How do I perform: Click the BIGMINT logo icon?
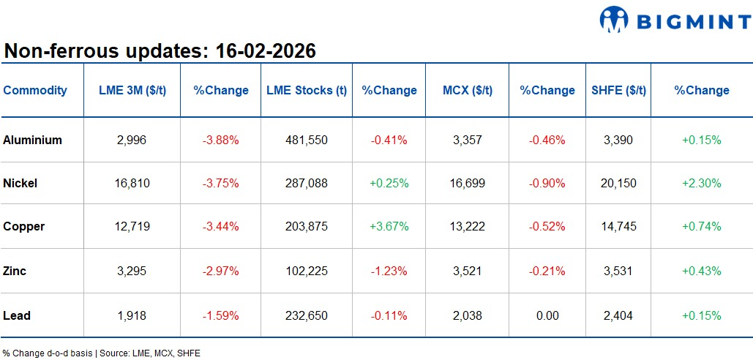pyautogui.click(x=615, y=20)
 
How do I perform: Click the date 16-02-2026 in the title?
pyautogui.click(x=265, y=51)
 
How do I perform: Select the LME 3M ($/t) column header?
pyautogui.click(x=132, y=91)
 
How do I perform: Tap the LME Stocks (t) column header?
pyautogui.click(x=307, y=91)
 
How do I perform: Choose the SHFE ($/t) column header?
pyautogui.click(x=618, y=91)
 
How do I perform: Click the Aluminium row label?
pyautogui.click(x=33, y=140)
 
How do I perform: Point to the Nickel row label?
pyautogui.click(x=20, y=183)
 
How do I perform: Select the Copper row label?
pyautogui.click(x=24, y=226)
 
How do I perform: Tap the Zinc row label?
pyautogui.click(x=15, y=271)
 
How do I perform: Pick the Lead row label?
pyautogui.click(x=17, y=315)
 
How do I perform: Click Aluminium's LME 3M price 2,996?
pyautogui.click(x=132, y=140)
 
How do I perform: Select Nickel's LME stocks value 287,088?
pyautogui.click(x=307, y=183)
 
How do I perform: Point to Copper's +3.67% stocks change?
pyautogui.click(x=389, y=226)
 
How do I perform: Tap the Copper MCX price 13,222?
pyautogui.click(x=468, y=226)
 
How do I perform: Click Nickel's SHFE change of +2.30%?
pyautogui.click(x=702, y=183)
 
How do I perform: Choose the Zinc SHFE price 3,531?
pyautogui.click(x=618, y=271)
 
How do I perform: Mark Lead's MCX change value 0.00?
pyautogui.click(x=547, y=315)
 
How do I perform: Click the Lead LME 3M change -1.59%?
pyautogui.click(x=221, y=315)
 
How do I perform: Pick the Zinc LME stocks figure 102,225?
pyautogui.click(x=307, y=271)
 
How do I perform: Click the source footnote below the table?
pyautogui.click(x=101, y=353)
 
